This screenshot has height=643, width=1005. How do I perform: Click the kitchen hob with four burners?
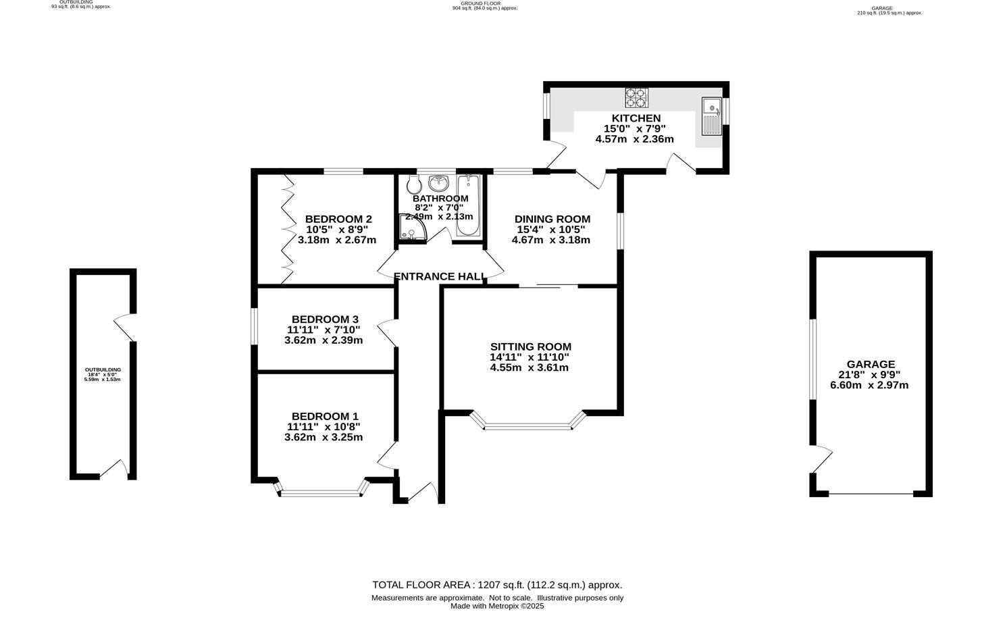[636, 98]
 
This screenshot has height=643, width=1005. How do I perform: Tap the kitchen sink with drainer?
[711, 115]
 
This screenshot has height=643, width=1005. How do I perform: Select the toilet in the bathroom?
[413, 184]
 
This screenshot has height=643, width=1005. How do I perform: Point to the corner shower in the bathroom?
[411, 228]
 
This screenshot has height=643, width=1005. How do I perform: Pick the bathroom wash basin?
[439, 181]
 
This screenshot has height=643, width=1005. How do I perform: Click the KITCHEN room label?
[636, 118]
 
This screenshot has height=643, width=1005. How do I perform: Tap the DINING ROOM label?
[552, 219]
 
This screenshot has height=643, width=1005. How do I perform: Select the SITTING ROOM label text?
[530, 346]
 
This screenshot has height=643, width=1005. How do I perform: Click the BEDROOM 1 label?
[325, 416]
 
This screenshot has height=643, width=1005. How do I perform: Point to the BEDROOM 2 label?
[338, 219]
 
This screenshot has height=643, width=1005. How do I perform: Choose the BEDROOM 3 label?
[325, 319]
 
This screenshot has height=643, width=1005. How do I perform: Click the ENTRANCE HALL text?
[440, 276]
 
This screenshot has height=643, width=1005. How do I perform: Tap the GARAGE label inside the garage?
[871, 364]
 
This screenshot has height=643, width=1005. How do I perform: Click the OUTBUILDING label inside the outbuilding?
[103, 369]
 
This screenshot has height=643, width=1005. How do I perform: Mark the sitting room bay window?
[527, 426]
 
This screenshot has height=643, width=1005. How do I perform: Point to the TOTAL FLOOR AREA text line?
[497, 585]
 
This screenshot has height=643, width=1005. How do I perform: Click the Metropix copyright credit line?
[497, 606]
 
